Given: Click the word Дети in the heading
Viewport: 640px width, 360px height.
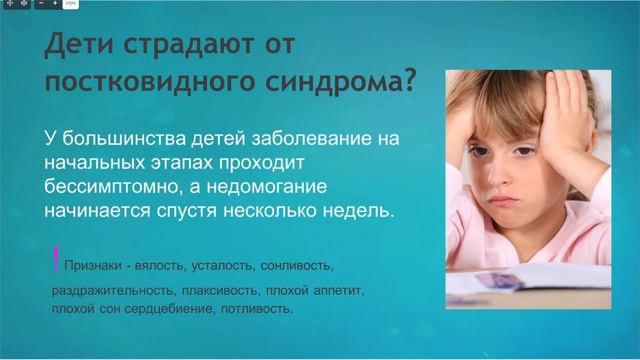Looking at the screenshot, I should pyautogui.click(x=81, y=46).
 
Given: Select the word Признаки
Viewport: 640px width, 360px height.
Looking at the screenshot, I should pyautogui.click(x=97, y=268).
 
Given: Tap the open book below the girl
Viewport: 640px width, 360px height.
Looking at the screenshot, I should pyautogui.click(x=520, y=285).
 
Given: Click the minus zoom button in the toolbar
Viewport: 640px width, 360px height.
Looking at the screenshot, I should pyautogui.click(x=40, y=5).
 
